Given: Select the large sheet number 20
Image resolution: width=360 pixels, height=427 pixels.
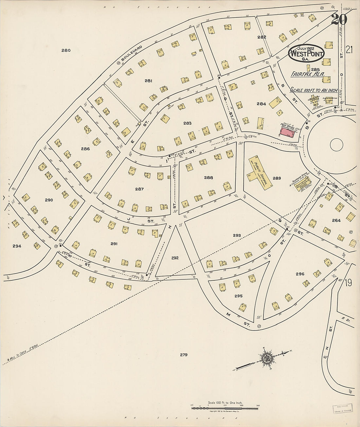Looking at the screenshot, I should (339, 20).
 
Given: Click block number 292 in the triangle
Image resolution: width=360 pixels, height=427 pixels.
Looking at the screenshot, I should (175, 258).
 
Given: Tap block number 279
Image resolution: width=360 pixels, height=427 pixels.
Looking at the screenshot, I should (184, 355).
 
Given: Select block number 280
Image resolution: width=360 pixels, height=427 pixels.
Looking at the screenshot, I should (66, 50).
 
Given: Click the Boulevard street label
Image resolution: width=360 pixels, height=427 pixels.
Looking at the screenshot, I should (131, 54).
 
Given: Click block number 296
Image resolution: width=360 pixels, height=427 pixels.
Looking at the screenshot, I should (300, 274).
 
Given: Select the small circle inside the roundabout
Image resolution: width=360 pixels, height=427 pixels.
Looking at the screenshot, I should (336, 144).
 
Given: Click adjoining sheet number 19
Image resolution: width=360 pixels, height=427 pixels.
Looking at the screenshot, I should (348, 282).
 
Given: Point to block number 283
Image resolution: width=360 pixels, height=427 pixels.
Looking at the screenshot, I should (187, 123).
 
